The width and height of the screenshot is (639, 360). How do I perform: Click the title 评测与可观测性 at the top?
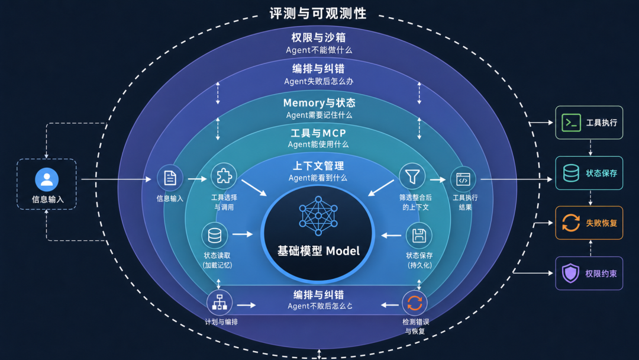[x=318, y=14]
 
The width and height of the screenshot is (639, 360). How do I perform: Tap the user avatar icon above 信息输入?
[x=47, y=179]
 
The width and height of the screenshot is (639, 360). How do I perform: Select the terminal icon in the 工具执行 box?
[x=571, y=123]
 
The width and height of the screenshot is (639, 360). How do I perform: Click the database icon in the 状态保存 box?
[x=571, y=173]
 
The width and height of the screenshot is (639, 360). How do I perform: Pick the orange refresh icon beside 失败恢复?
[x=571, y=223]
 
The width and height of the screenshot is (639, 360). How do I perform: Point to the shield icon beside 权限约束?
[x=570, y=273]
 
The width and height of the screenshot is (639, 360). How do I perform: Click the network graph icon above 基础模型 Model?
[x=318, y=216]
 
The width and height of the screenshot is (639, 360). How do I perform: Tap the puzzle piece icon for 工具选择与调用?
[x=224, y=176]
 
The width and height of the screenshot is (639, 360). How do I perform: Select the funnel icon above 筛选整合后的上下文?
[x=412, y=176]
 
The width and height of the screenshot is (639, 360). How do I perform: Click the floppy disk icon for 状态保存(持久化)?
[x=419, y=236]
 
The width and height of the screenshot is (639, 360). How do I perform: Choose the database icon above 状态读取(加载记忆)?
[x=215, y=236]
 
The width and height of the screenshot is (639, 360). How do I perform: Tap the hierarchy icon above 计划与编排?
[x=220, y=303]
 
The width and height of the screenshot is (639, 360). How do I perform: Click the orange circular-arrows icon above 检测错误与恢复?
[x=415, y=303]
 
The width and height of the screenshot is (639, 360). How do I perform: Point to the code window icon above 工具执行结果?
[x=463, y=179]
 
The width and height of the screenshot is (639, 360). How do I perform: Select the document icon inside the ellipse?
[x=170, y=178]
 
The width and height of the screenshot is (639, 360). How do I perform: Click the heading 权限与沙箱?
[x=318, y=37]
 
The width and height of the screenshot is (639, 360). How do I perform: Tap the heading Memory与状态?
[x=319, y=103]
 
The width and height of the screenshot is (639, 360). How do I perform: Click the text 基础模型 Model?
[x=318, y=250]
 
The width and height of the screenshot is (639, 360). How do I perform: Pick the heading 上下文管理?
[x=318, y=166]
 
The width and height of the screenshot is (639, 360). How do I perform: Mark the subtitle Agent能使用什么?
[x=318, y=144]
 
